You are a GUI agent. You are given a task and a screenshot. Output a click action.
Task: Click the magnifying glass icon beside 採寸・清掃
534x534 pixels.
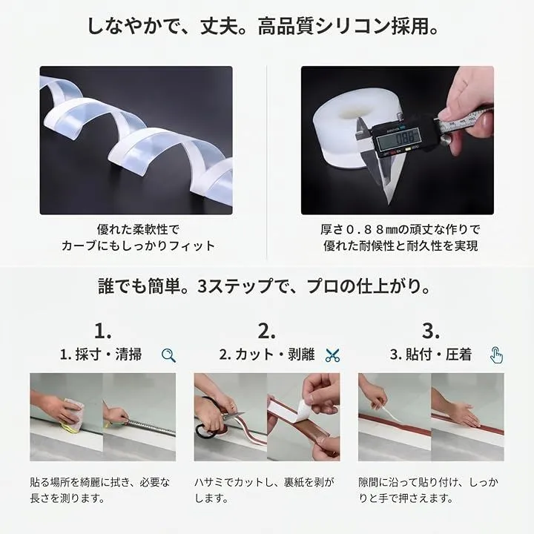[168, 355]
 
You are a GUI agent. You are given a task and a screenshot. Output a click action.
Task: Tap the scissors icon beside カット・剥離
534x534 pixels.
[332, 355]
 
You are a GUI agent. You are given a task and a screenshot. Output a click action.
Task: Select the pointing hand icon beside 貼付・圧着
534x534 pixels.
[496, 355]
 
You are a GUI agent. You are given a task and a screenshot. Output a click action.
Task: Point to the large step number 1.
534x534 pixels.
[102, 331]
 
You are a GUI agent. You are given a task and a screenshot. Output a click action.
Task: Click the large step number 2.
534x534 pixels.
[267, 331]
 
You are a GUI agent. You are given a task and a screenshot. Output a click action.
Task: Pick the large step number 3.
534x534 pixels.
[430, 331]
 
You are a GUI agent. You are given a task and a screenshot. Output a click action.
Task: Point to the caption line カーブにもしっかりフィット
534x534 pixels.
[138, 246]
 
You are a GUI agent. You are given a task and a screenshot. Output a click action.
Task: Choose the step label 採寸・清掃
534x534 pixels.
[108, 355]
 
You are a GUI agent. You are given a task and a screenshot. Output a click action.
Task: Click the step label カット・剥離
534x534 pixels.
[275, 355]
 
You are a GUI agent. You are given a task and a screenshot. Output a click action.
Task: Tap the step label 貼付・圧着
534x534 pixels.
[438, 355]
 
